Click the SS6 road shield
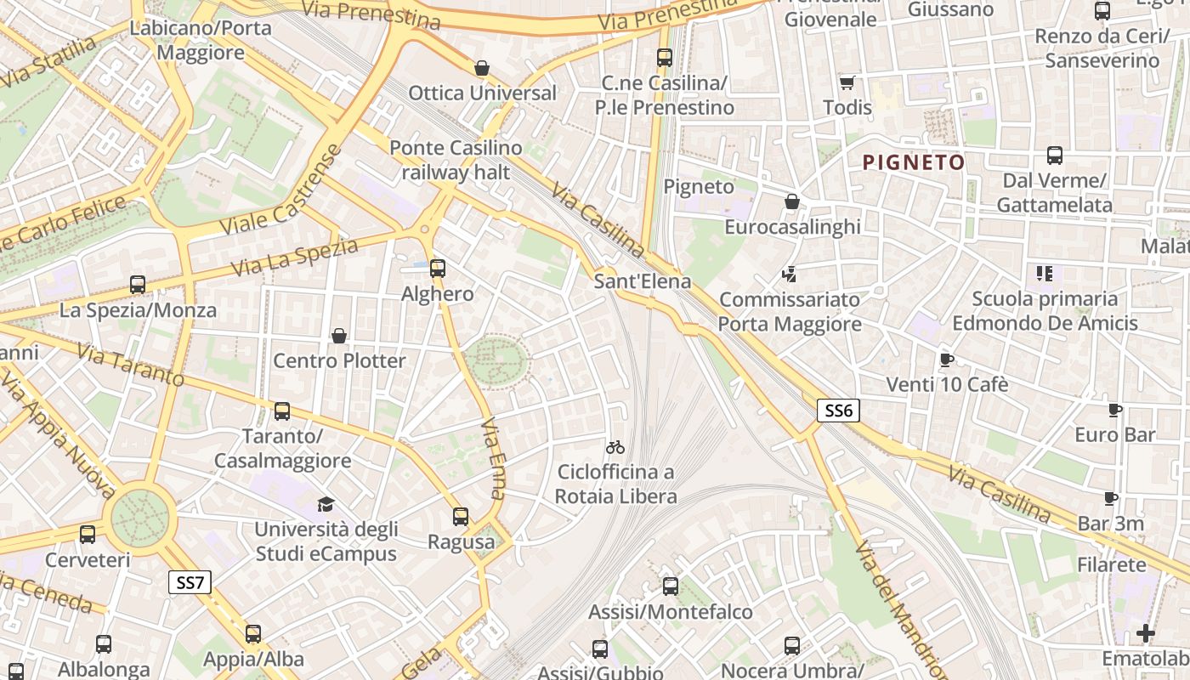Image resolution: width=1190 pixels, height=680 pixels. point(838,411)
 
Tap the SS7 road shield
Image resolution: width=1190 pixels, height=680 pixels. point(190,582)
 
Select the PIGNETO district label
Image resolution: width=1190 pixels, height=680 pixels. point(914,162)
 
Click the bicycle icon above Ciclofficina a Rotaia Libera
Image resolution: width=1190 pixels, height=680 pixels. point(615,446)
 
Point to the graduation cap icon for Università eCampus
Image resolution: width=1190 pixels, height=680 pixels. point(326,504)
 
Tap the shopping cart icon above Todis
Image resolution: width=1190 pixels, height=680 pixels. point(847,82)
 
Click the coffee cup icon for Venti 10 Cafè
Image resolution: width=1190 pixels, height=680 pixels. point(947,360)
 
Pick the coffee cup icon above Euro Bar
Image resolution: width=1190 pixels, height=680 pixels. point(1115,410)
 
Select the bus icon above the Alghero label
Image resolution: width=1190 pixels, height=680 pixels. point(438,269)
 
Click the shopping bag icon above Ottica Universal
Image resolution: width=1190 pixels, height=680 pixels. point(482,68)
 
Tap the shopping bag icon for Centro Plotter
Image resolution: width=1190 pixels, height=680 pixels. point(339,336)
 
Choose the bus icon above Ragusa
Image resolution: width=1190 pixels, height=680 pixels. point(461,516)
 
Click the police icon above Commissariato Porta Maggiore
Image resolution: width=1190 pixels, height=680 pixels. point(790,274)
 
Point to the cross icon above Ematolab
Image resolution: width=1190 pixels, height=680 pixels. point(1146,633)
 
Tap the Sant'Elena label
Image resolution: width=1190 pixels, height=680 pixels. point(643,280)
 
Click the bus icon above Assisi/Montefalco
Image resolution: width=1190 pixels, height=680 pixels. point(671,586)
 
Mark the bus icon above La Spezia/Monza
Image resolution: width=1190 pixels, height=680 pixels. point(138,285)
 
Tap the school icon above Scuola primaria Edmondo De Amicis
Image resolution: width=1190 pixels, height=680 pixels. point(1045,274)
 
